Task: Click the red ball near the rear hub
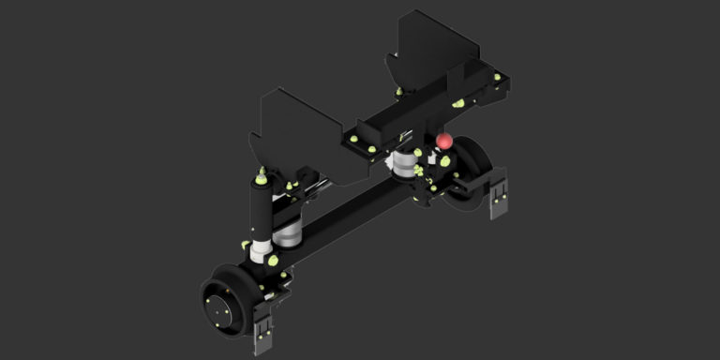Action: pos(444,142)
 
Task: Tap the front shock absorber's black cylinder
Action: pos(260,210)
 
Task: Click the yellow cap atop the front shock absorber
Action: pos(260,172)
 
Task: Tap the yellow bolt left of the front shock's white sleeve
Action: pos(246,246)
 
